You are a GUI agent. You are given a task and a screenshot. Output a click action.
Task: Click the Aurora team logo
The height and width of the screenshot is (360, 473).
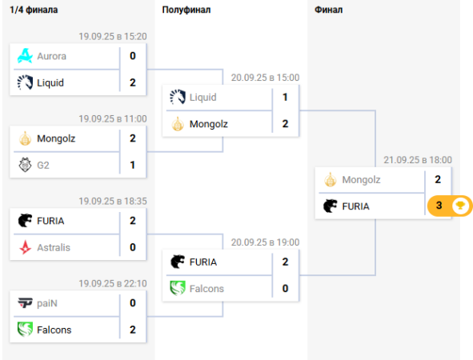pyautogui.click(x=25, y=56)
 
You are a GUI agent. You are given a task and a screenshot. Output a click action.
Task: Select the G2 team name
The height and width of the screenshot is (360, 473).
pyautogui.click(x=43, y=166)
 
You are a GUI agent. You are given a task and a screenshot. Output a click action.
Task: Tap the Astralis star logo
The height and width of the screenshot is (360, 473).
pyautogui.click(x=25, y=247)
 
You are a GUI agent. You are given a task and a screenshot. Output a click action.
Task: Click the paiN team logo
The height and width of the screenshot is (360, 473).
pyautogui.click(x=25, y=302)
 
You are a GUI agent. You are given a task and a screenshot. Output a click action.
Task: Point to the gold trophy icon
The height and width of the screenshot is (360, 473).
pyautogui.click(x=460, y=206)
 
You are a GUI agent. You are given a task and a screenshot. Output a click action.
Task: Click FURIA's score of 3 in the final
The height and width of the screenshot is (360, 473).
pyautogui.click(x=439, y=206)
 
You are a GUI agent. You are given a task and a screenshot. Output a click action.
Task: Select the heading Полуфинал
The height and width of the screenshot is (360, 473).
pyautogui.click(x=186, y=10)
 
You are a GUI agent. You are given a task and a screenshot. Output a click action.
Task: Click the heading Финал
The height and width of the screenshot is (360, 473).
pyautogui.click(x=328, y=10)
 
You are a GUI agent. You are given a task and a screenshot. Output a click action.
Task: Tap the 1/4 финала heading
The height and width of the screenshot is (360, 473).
pyautogui.click(x=34, y=10)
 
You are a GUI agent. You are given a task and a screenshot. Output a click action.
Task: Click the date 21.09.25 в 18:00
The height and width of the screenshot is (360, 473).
pyautogui.click(x=418, y=160)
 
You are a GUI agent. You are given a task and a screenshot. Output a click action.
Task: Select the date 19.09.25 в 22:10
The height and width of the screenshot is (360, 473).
pyautogui.click(x=113, y=283)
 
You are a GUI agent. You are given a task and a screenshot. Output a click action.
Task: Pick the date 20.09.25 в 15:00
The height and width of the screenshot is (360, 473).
pyautogui.click(x=265, y=78)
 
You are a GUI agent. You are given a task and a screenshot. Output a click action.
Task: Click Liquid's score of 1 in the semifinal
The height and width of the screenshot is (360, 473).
pyautogui.click(x=285, y=97)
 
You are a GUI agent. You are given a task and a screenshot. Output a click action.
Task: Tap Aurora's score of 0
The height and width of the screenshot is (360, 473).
pyautogui.click(x=133, y=56)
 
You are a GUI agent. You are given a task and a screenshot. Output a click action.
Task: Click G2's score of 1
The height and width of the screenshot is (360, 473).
pyautogui.click(x=132, y=165)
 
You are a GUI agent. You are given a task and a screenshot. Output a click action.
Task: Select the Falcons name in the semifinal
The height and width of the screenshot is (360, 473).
pyautogui.click(x=206, y=289)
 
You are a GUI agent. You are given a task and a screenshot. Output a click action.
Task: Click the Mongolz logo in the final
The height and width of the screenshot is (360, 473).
pyautogui.click(x=331, y=180)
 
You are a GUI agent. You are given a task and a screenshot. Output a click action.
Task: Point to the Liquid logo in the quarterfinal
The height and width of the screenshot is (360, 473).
pyautogui.click(x=25, y=82)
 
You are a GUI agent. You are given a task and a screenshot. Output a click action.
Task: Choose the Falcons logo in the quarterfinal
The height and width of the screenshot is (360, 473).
pyautogui.click(x=25, y=330)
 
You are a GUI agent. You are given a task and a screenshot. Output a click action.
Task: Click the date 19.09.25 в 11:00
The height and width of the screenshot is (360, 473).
pyautogui.click(x=113, y=118)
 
